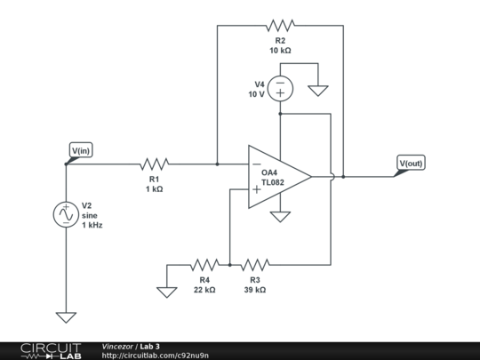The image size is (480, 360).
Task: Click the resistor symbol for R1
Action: coord(154,164)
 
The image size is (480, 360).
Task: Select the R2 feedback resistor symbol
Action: coord(280,26)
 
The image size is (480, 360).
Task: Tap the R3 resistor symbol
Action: coord(255,264)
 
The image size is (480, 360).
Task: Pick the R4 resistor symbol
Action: coord(204,264)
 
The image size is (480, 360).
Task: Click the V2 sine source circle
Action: coord(66,214)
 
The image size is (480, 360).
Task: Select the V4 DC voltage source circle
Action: coord(280,87)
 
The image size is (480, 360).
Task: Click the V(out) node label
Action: coord(412,164)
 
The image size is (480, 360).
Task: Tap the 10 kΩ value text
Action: coord(280,52)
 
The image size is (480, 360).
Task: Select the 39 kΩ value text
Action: coord(255,290)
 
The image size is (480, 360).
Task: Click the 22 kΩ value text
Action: coord(204,290)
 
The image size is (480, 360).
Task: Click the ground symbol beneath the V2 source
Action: coord(66,316)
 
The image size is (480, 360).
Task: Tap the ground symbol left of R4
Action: coord(165,291)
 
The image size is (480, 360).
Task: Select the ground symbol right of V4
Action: coord(317,90)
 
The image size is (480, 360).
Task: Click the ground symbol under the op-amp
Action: coord(280,216)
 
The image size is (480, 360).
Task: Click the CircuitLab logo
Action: coord(45,350)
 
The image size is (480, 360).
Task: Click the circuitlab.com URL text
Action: coord(156,356)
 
